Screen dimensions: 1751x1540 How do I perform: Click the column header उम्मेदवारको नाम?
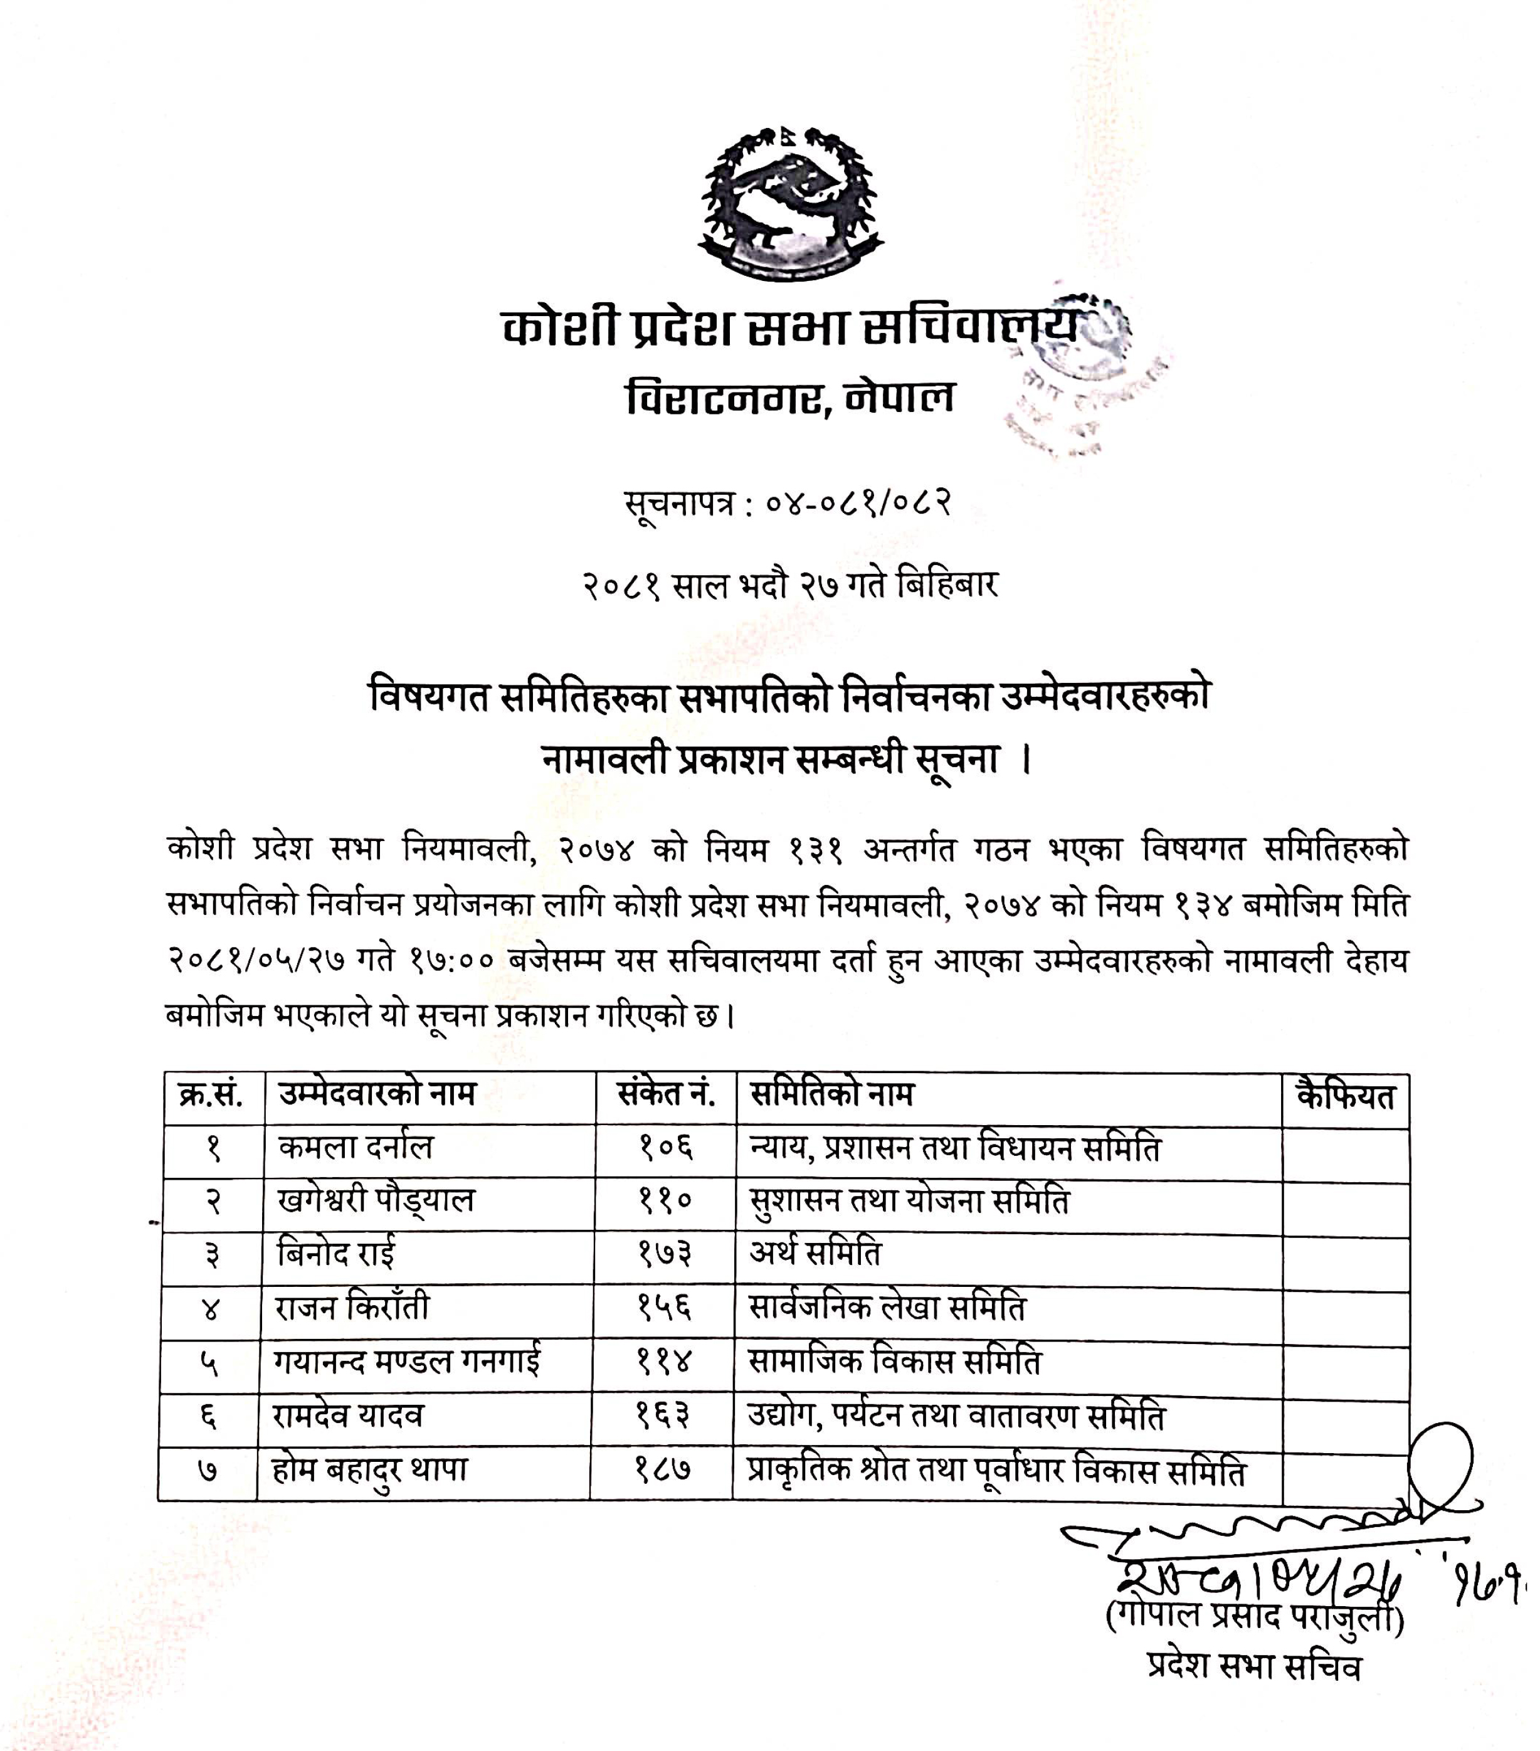click(x=376, y=1094)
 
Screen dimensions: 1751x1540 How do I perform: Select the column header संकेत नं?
click(x=665, y=1094)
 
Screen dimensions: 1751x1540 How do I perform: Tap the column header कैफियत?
click(x=1346, y=1096)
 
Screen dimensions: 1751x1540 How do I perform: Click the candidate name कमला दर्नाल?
click(x=356, y=1146)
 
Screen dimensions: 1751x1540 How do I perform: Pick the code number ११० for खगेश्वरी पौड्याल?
click(x=665, y=1200)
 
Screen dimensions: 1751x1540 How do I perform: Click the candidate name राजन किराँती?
click(x=351, y=1307)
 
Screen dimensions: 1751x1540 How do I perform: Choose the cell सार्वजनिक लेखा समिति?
click(x=887, y=1307)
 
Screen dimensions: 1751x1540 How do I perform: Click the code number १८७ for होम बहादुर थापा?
click(x=662, y=1470)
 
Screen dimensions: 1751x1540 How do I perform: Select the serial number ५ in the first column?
click(x=209, y=1363)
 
